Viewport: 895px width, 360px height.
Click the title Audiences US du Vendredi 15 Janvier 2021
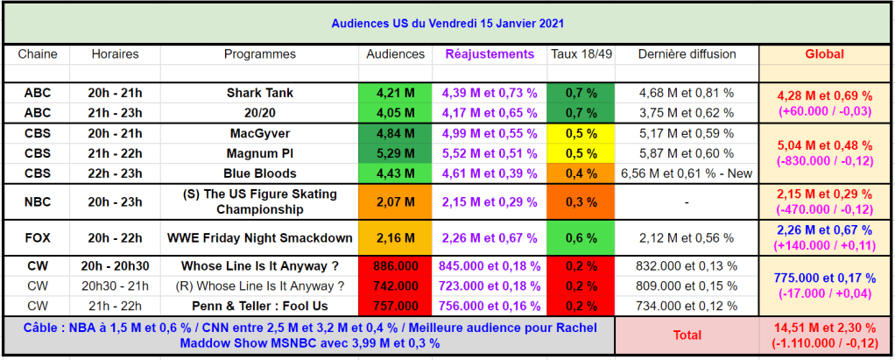[x=447, y=23]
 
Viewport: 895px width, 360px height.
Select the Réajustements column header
[x=490, y=54]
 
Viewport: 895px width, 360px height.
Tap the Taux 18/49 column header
[x=581, y=54]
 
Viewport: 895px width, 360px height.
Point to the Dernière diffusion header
[x=687, y=54]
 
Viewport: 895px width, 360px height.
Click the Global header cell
[x=824, y=54]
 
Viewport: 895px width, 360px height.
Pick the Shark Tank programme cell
[x=259, y=93]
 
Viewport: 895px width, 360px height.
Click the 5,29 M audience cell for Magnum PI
[x=395, y=153]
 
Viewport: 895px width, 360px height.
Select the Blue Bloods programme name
[x=259, y=173]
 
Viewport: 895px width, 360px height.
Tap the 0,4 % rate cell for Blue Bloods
[x=581, y=173]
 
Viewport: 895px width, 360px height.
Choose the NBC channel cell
[x=38, y=202]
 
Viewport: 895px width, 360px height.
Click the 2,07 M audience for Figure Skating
[x=395, y=202]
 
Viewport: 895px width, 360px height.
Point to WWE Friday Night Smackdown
[x=259, y=238]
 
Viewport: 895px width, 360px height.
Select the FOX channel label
[x=38, y=238]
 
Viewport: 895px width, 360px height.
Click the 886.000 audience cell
[x=395, y=266]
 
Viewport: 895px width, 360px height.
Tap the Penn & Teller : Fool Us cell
[x=259, y=306]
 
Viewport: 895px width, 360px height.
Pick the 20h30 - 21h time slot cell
[x=114, y=286]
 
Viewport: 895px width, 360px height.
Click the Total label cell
[x=687, y=335]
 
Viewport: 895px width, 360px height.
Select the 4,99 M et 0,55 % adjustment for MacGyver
[x=490, y=133]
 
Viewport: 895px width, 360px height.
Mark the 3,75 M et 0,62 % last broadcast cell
[x=687, y=113]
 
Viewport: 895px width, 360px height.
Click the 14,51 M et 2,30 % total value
[x=824, y=328]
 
